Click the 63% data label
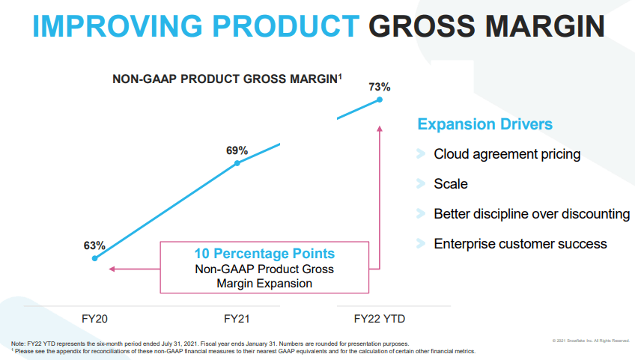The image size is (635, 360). (x=94, y=245)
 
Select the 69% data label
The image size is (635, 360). (x=237, y=150)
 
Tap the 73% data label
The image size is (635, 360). (x=380, y=87)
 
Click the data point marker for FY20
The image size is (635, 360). (x=94, y=258)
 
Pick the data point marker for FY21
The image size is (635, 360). (x=237, y=163)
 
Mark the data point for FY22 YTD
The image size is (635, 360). (x=380, y=100)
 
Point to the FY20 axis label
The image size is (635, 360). (x=94, y=319)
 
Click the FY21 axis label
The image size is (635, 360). (x=237, y=319)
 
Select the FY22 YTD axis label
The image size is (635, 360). (x=380, y=319)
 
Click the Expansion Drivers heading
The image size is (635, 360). (x=484, y=124)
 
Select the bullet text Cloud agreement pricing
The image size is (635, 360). (x=507, y=154)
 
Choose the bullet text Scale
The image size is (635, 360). (x=451, y=183)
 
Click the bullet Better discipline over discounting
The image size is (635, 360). (x=532, y=213)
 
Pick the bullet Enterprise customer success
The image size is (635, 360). (x=520, y=243)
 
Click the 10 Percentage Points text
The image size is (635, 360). (x=264, y=254)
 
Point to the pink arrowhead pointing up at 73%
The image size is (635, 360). (x=380, y=129)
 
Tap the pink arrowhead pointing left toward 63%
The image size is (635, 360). (x=112, y=269)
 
